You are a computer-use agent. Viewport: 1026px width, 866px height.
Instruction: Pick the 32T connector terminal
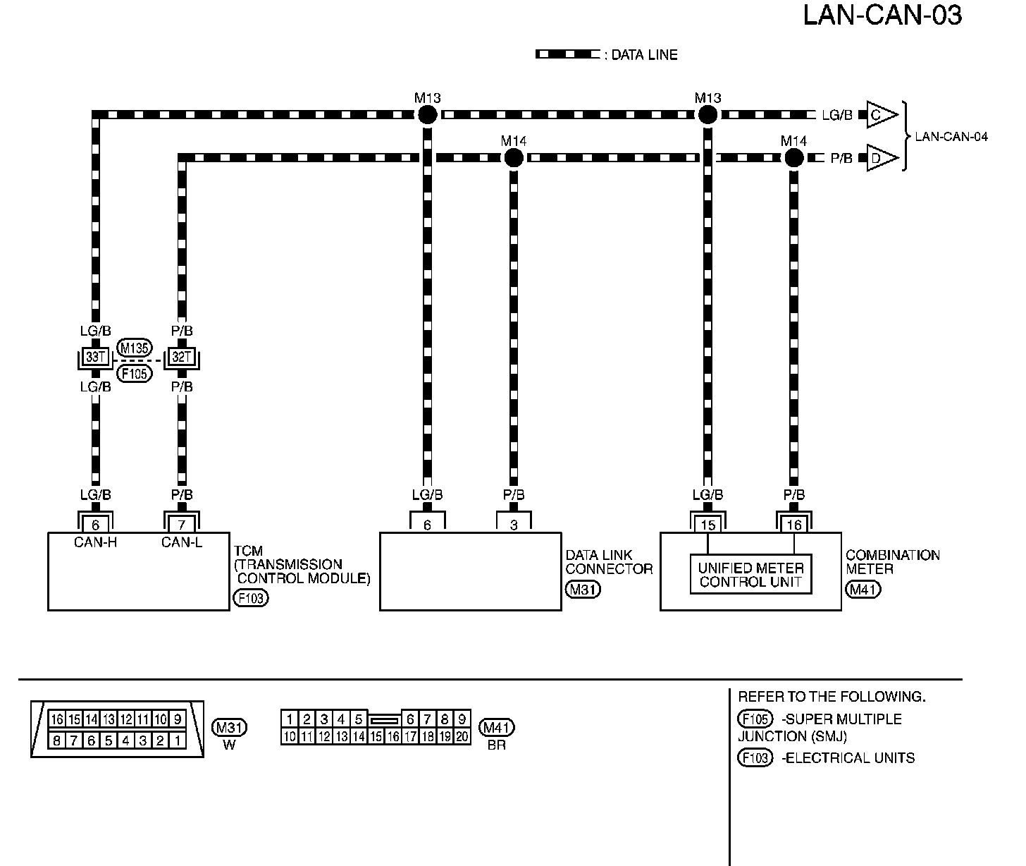tap(182, 358)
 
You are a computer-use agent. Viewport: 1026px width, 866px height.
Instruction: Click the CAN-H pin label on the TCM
tap(95, 542)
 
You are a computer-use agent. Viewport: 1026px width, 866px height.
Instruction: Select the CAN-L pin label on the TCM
tap(182, 542)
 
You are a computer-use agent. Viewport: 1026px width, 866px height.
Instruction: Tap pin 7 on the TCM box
tap(182, 525)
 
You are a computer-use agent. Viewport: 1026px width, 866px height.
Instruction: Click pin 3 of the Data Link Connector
tap(514, 525)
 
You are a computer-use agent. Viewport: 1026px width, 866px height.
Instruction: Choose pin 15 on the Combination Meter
tap(707, 525)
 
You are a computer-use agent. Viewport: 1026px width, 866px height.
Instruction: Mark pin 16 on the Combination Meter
tap(794, 525)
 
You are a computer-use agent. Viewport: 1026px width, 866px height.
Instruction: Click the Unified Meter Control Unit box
tap(751, 575)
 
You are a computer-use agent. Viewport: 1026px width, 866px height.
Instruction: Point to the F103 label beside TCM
tap(251, 599)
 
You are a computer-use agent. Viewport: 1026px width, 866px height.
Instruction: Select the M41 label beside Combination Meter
tap(863, 590)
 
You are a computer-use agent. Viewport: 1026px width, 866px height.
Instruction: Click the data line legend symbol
tap(567, 54)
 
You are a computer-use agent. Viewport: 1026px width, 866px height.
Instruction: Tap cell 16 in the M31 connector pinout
tap(57, 719)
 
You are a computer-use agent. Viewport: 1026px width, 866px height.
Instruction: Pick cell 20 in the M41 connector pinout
tap(462, 737)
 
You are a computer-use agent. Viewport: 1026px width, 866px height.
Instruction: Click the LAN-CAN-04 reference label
tap(951, 137)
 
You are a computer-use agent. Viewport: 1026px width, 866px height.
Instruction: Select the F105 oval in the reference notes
tap(754, 719)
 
